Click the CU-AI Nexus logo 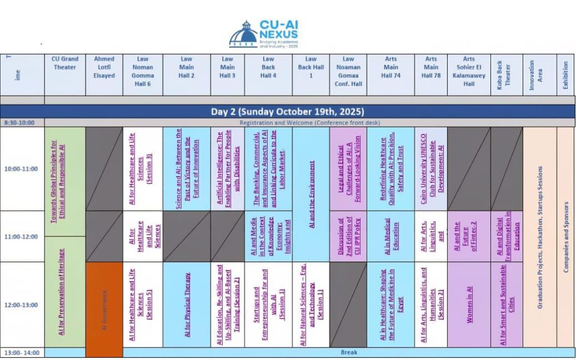[x=263, y=34]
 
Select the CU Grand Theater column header [x=65, y=63]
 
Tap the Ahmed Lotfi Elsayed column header [x=104, y=67]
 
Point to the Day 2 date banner [x=287, y=111]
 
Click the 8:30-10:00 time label [x=20, y=123]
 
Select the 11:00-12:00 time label [x=21, y=237]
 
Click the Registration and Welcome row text [x=310, y=123]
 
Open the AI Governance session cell [x=104, y=309]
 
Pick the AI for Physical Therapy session [x=188, y=305]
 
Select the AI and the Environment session [x=312, y=195]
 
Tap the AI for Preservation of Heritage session [x=62, y=292]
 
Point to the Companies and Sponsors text [x=566, y=237]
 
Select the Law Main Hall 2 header [x=187, y=67]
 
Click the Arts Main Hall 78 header [x=431, y=67]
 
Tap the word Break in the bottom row [x=349, y=353]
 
